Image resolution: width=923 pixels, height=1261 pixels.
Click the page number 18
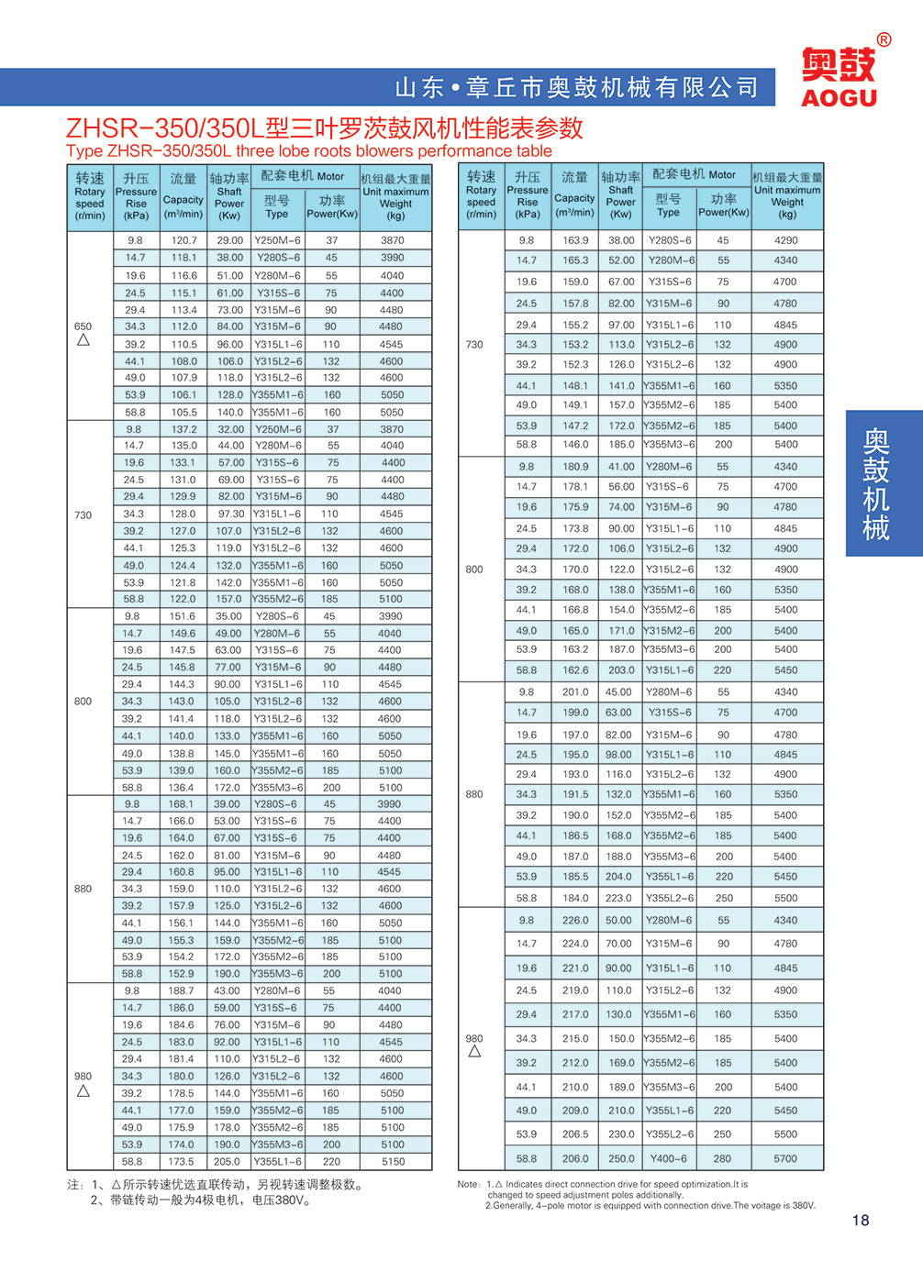(860, 1220)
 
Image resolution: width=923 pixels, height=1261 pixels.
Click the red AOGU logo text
(839, 97)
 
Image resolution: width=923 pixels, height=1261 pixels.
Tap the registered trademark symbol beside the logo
(884, 40)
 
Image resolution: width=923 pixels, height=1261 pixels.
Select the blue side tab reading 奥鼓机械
(877, 483)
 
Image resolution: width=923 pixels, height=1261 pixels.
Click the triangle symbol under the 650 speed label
(83, 340)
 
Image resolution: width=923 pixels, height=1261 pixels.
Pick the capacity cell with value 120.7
(183, 240)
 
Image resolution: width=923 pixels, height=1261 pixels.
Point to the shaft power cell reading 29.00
(230, 240)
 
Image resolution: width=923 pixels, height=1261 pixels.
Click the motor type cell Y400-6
(669, 1158)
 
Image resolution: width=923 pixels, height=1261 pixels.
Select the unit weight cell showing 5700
(786, 1158)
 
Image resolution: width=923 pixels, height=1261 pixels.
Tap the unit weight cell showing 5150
(393, 1161)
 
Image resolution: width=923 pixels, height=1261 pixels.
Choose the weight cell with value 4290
(786, 240)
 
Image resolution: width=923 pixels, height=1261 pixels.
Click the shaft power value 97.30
(230, 514)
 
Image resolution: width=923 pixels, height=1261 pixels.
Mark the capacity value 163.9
(575, 240)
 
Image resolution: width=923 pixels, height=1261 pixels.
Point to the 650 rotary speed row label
(83, 326)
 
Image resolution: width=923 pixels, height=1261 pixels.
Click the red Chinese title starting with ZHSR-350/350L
(325, 128)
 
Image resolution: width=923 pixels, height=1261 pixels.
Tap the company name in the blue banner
(577, 88)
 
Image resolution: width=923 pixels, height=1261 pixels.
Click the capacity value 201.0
(575, 692)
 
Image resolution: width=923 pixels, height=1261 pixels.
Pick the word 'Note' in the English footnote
(468, 1184)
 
